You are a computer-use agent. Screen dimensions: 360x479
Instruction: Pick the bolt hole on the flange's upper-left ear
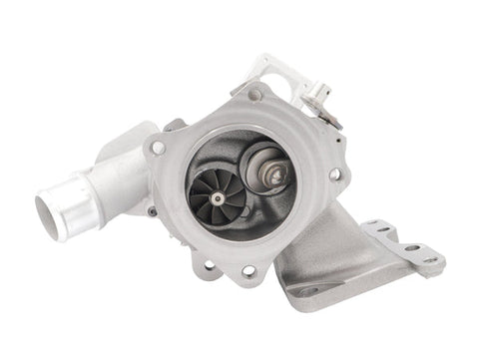158,148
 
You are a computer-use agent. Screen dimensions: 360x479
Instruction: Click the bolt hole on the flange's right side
334,174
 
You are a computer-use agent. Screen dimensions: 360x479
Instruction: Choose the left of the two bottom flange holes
211,265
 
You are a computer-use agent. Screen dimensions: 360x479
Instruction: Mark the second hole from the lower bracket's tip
410,247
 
